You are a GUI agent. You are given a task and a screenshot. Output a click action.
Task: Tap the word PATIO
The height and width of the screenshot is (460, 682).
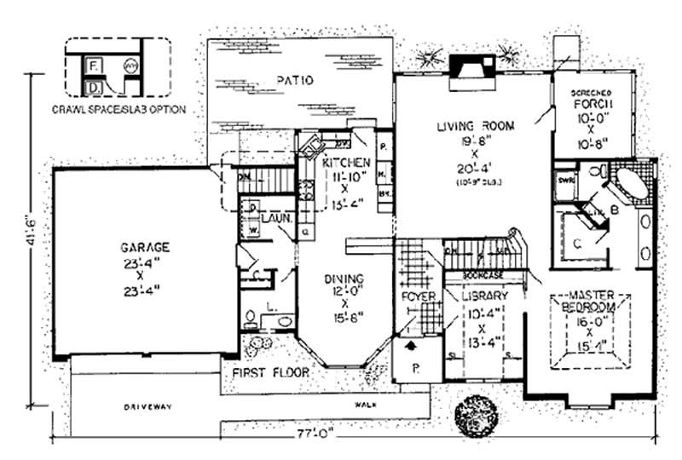point(296,81)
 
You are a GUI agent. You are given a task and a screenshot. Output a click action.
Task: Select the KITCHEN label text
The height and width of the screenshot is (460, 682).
point(345,162)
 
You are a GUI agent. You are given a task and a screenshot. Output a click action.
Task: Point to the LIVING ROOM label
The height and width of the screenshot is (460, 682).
point(476,126)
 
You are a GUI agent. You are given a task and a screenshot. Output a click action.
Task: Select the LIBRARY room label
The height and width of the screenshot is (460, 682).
point(484,295)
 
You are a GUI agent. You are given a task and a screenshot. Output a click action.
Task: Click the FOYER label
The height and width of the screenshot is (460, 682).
point(418,296)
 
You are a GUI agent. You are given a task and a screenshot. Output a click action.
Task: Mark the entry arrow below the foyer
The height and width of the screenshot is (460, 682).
point(410,347)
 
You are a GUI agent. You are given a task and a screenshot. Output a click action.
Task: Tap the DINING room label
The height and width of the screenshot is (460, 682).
point(344,279)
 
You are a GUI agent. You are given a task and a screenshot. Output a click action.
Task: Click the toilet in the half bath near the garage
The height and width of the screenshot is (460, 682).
point(250,320)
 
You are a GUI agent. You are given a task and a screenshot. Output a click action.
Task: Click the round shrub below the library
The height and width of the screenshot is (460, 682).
point(474,416)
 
